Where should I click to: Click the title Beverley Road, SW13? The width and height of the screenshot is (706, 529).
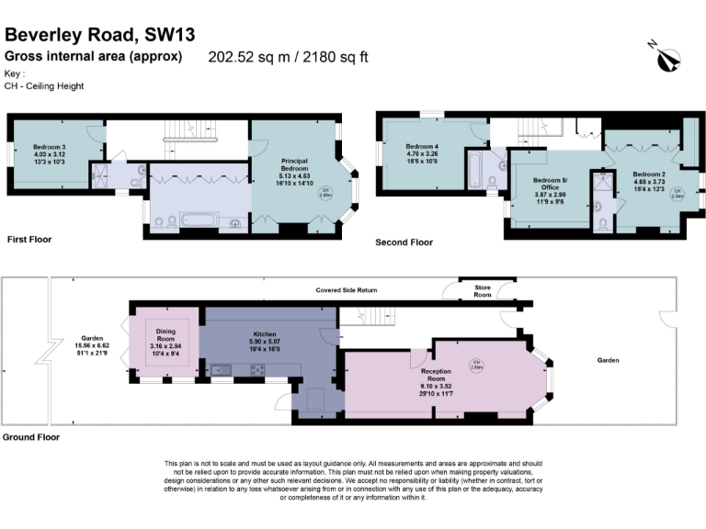(100, 35)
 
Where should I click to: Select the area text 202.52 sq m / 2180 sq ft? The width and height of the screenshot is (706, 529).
(288, 57)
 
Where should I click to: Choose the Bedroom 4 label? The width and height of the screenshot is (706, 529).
(423, 154)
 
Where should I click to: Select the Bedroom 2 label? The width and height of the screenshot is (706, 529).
(648, 180)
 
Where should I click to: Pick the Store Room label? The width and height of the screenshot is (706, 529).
(482, 291)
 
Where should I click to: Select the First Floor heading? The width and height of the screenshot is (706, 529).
(29, 240)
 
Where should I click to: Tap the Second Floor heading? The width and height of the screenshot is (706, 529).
(404, 243)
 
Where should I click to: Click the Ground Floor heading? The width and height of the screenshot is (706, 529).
(31, 437)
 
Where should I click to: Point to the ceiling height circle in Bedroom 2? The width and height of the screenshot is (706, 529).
(678, 193)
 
